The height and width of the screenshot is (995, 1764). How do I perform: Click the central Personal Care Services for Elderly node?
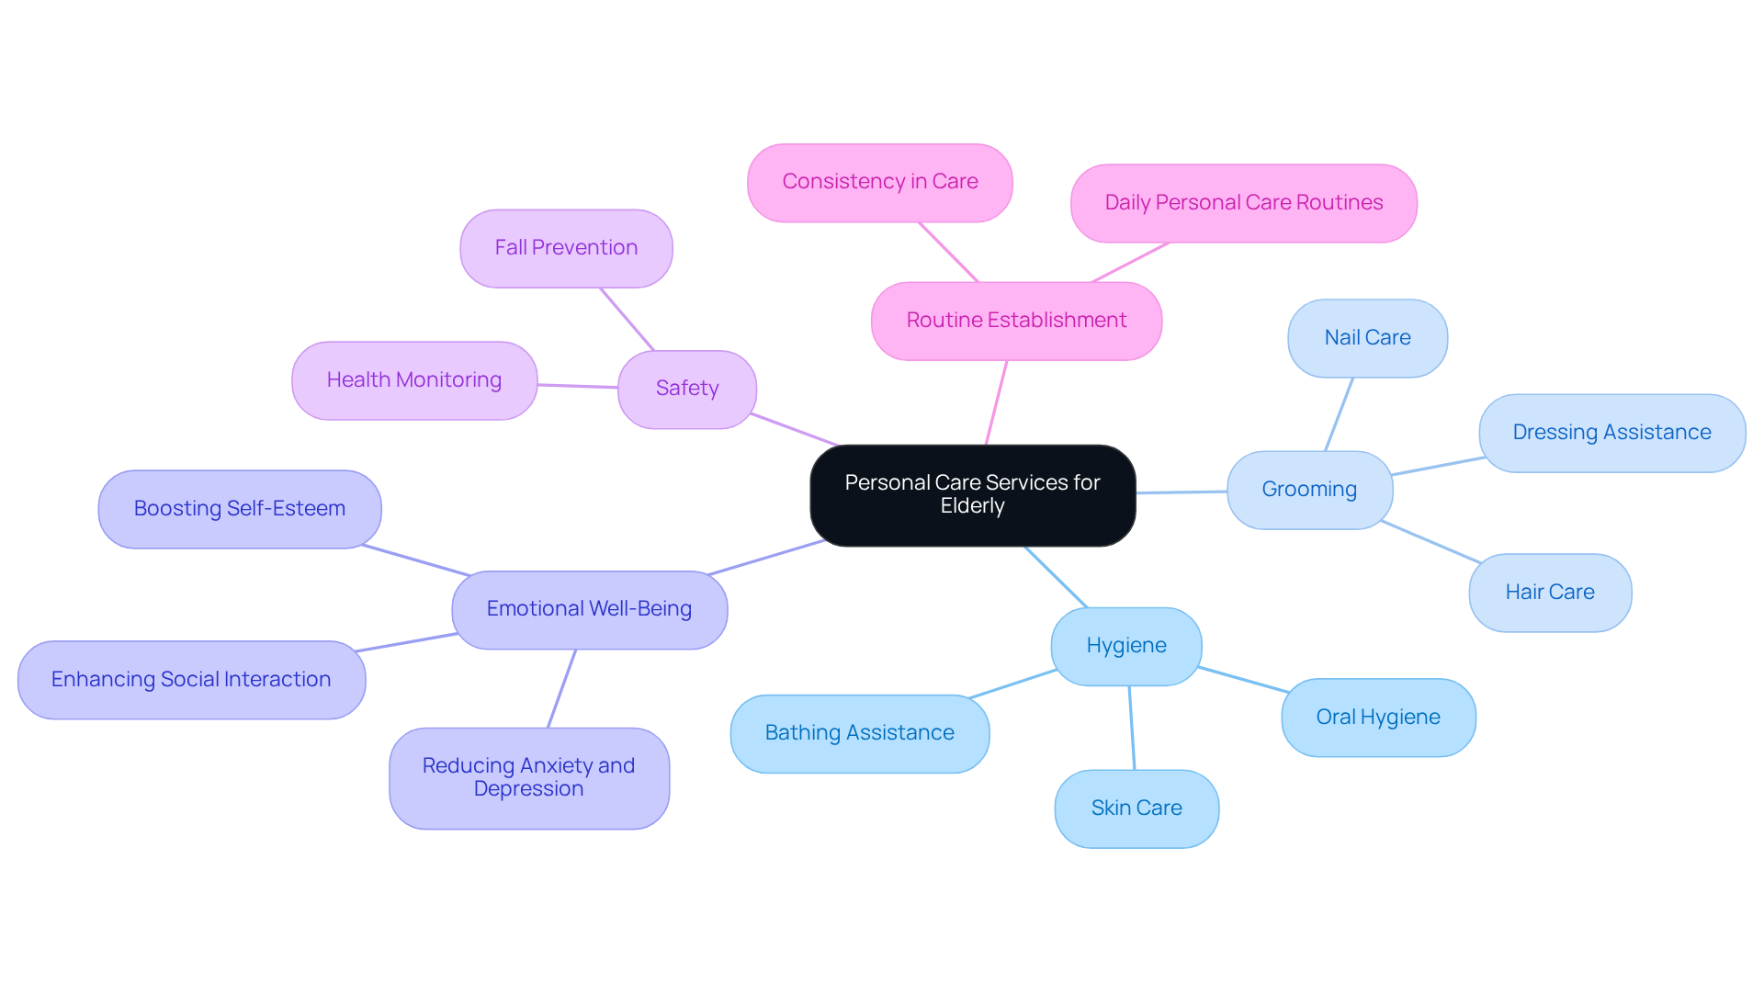[x=972, y=495]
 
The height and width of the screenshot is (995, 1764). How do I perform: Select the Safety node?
[x=686, y=389]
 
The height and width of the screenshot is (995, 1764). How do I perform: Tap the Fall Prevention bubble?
[x=566, y=248]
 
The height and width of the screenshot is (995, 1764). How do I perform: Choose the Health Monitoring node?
[x=413, y=380]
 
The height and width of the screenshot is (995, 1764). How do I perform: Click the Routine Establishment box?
[x=1016, y=321]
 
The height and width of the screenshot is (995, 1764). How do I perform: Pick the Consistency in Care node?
[x=879, y=182]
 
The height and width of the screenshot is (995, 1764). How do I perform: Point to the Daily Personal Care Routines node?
[x=1243, y=203]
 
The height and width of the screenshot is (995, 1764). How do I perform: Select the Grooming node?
[x=1309, y=490]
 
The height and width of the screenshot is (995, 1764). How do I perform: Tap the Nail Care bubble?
[x=1367, y=338]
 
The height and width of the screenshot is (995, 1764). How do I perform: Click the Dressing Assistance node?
[x=1611, y=433]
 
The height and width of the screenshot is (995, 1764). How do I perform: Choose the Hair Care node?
[x=1550, y=593]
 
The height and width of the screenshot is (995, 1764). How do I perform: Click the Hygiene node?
[x=1125, y=646]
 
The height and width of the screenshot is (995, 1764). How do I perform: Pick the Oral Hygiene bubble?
[x=1378, y=718]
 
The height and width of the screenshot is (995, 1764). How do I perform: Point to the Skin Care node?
[x=1136, y=808]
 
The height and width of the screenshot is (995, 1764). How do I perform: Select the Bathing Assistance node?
[x=859, y=733]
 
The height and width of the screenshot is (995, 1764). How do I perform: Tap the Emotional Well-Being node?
[x=589, y=609]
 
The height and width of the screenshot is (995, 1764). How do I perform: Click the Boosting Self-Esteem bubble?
[x=239, y=509]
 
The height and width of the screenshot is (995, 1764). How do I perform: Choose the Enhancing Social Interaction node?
[x=191, y=680]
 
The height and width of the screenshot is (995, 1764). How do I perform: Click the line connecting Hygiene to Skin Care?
[x=1132, y=728]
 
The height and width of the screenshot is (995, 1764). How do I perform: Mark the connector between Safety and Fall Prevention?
[x=627, y=319]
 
